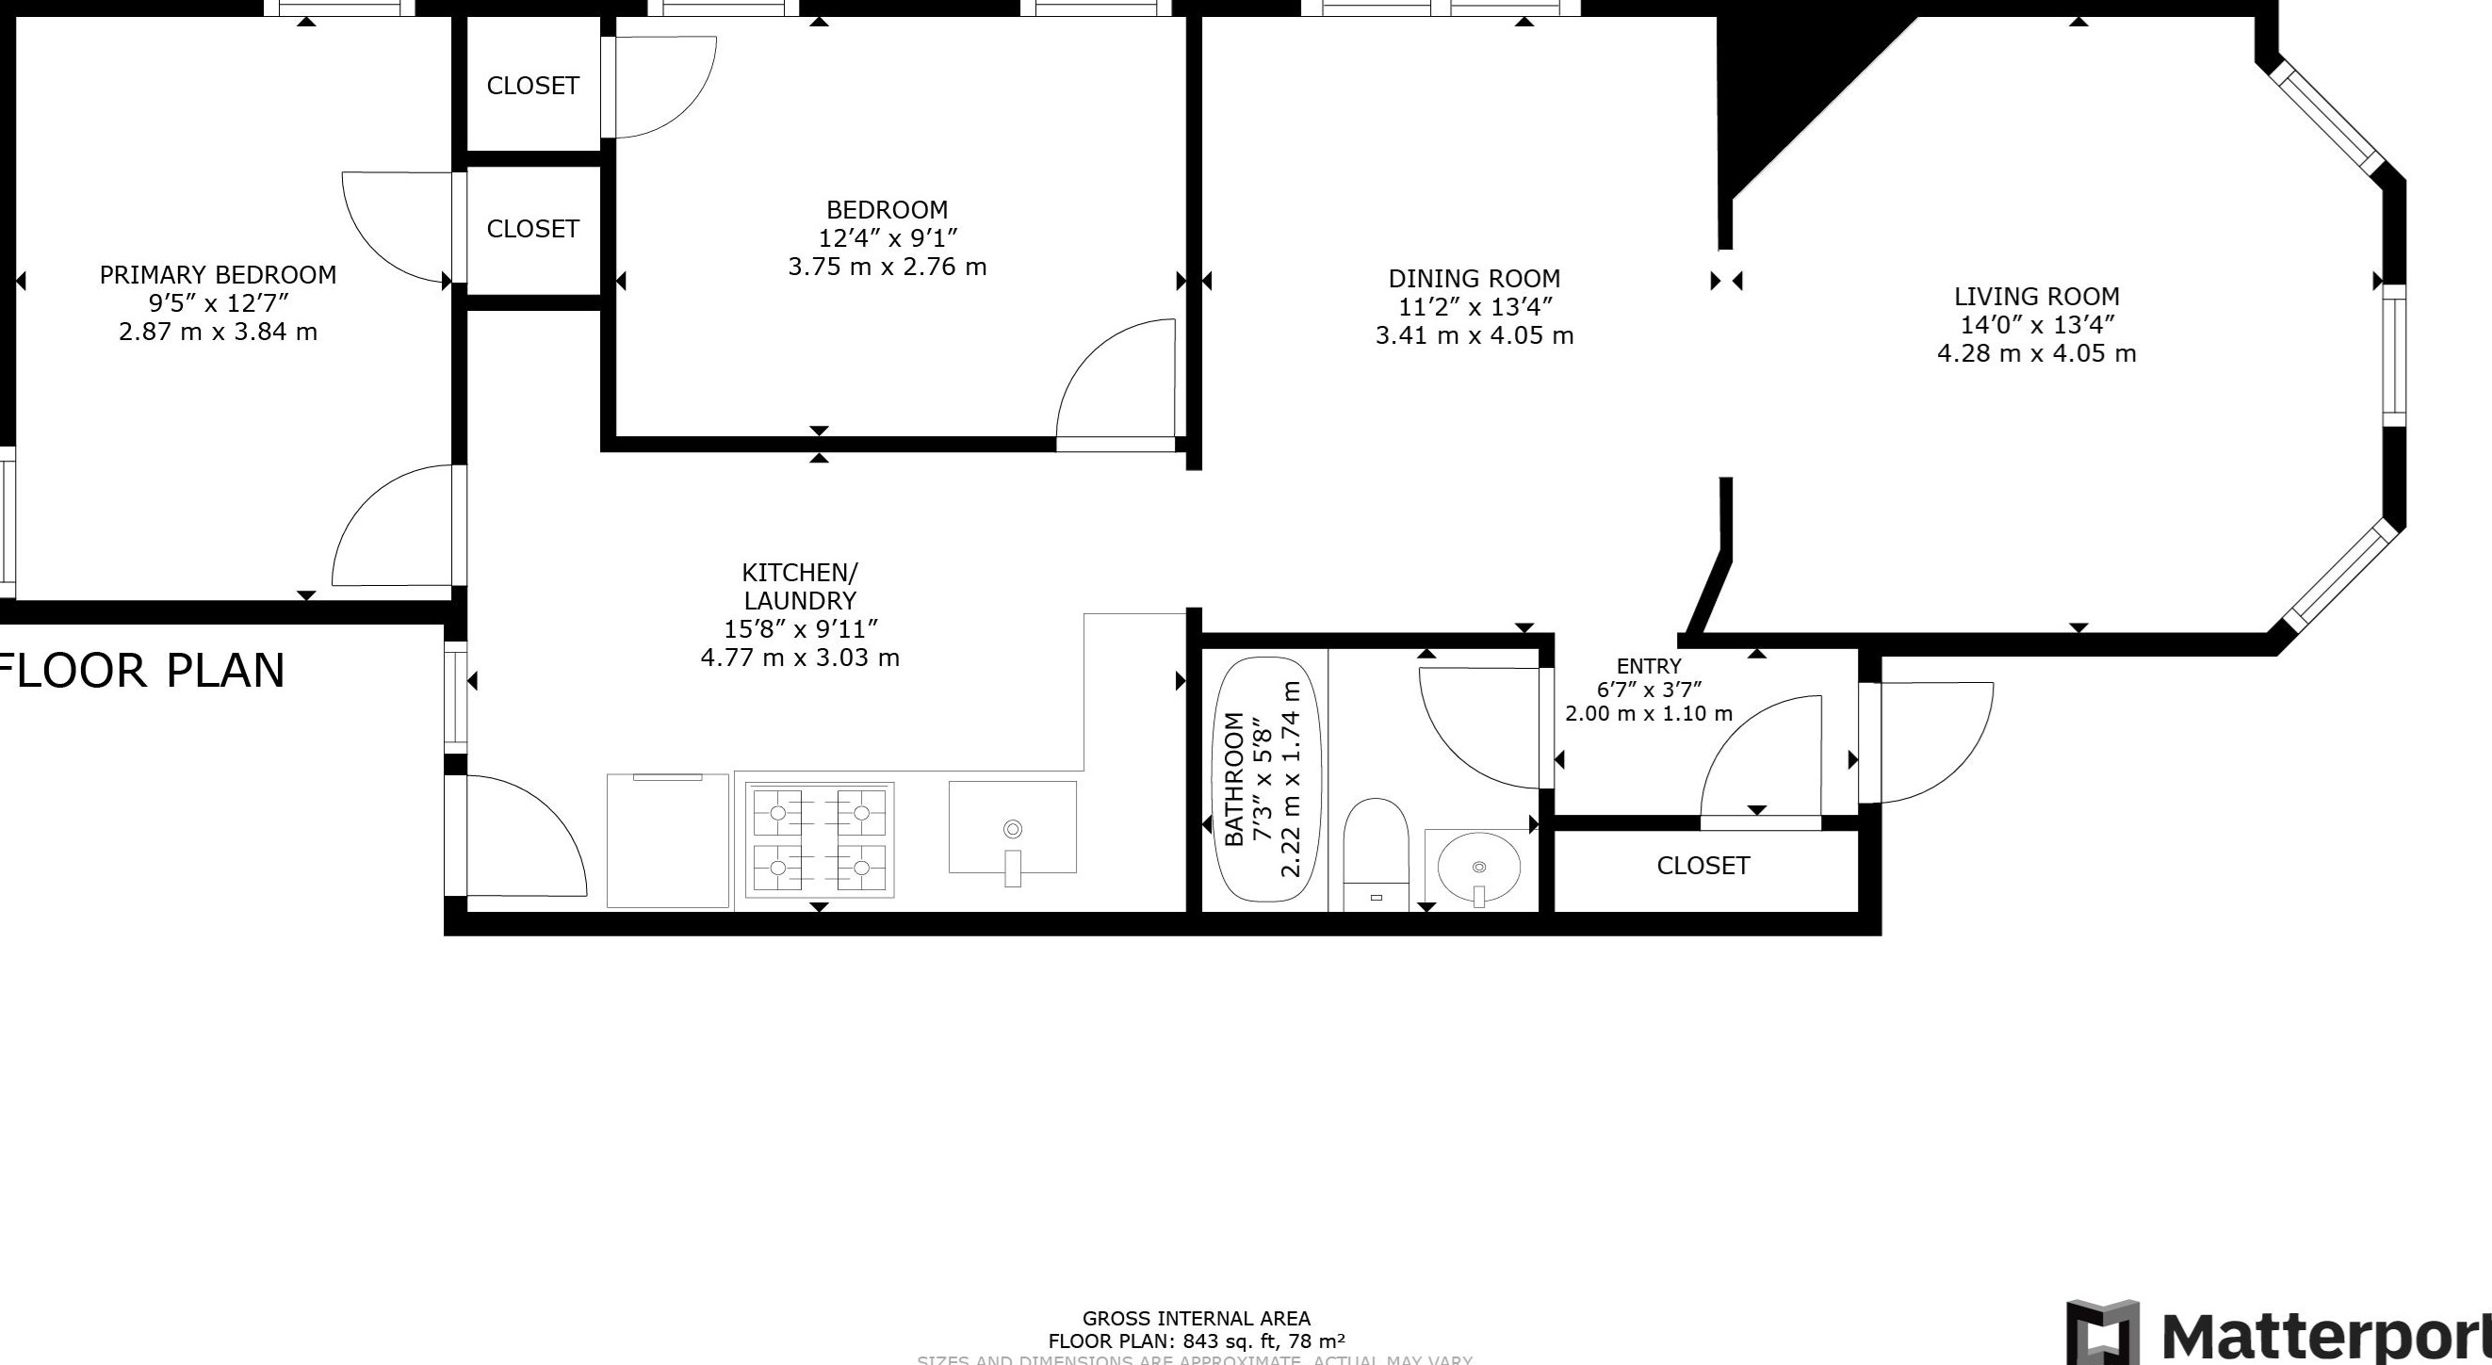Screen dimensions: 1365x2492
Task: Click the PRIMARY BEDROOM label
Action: [x=218, y=275]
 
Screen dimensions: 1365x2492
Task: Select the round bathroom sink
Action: [x=1477, y=868]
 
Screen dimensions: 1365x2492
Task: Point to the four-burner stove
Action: [x=820, y=839]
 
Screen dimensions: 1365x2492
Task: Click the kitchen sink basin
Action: [x=1012, y=828]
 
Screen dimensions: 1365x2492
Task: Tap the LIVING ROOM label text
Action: [x=2035, y=297]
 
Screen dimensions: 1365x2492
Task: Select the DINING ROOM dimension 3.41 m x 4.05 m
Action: [x=1474, y=335]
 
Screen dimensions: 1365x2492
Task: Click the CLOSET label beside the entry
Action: [x=1702, y=866]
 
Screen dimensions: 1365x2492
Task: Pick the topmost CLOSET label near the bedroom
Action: [x=532, y=86]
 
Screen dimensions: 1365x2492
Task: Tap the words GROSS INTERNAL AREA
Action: [x=1196, y=1319]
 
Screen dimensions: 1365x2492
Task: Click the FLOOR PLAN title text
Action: [x=145, y=671]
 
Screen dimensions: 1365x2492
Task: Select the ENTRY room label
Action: [x=1649, y=667]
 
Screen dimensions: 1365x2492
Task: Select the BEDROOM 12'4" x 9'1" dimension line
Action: [x=888, y=238]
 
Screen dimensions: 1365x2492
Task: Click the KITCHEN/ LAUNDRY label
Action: [x=799, y=586]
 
